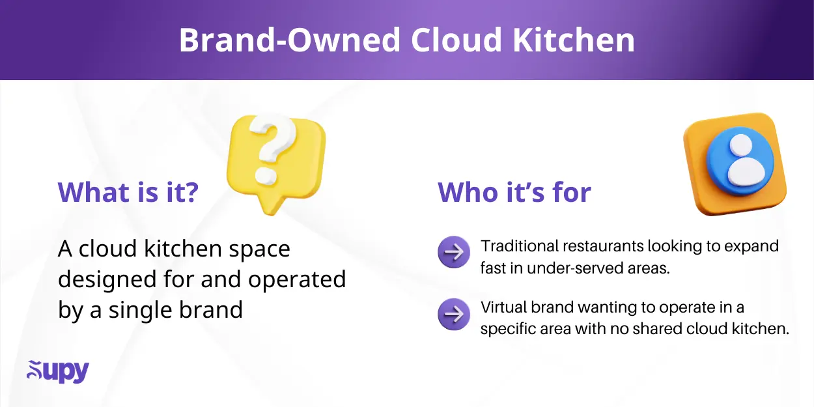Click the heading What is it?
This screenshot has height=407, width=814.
[x=128, y=192]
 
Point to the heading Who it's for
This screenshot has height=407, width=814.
[x=514, y=193]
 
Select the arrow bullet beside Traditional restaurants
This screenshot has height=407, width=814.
[x=454, y=252]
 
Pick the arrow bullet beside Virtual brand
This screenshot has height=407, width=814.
[x=454, y=315]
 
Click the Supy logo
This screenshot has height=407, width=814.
[x=58, y=371]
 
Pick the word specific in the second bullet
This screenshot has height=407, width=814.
[x=510, y=329]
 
